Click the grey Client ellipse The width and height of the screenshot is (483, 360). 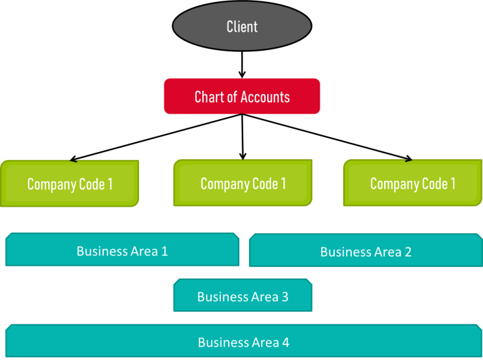pos(242,27)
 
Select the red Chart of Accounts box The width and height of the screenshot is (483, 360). pos(242,97)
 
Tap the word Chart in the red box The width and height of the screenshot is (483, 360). pos(209,97)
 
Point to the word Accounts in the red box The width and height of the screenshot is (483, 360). pos(265,97)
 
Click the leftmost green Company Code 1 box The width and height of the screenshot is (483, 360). pos(70,184)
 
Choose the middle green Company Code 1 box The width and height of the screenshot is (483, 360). pos(242,184)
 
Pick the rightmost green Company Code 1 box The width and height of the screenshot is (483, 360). pos(412,184)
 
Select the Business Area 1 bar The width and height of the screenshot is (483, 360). pos(122,251)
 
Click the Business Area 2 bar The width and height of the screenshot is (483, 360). pos(365,251)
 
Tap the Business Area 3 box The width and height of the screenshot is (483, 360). pos(242,297)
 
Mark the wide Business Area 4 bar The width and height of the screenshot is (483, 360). pos(243,342)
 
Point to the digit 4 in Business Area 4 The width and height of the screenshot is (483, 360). pos(285,342)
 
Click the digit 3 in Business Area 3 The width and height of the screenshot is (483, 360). pos(285,297)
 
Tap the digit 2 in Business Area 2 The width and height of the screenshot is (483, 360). pos(408,252)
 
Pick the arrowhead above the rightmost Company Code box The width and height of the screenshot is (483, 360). pos(409,160)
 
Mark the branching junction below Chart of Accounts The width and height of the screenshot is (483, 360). pos(242,118)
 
